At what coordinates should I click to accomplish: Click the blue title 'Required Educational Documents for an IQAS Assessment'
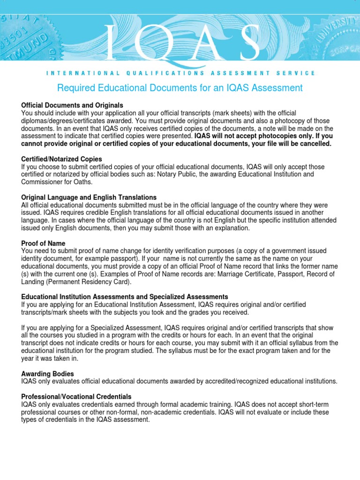pyautogui.click(x=180, y=88)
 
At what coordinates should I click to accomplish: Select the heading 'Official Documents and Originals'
pyautogui.click(x=72, y=105)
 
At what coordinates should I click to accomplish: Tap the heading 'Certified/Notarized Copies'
pyautogui.click(x=61, y=159)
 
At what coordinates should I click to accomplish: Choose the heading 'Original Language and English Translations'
pyautogui.click(x=89, y=197)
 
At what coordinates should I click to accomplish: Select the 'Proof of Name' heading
pyautogui.click(x=43, y=243)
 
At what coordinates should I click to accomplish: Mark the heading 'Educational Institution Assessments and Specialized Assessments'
pyautogui.click(x=125, y=297)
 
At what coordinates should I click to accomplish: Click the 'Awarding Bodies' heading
pyautogui.click(x=47, y=374)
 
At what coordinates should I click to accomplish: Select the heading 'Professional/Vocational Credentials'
pyautogui.click(x=76, y=397)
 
